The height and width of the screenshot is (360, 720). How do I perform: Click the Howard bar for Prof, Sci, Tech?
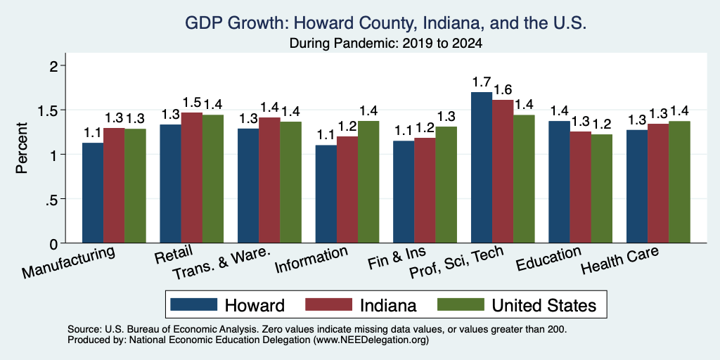pos(482,167)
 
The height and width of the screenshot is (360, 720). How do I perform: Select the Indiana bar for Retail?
pos(191,178)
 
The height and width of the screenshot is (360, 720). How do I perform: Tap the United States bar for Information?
pos(368,182)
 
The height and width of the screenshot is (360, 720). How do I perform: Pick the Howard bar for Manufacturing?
pos(93,193)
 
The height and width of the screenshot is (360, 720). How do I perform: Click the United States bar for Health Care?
pos(680,182)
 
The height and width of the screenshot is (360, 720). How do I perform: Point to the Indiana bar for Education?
pos(580,187)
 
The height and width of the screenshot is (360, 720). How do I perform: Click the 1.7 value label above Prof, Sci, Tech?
pos(482,83)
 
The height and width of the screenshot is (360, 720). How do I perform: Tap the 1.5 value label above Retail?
pos(192,103)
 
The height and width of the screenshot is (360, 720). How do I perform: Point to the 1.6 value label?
pos(502,90)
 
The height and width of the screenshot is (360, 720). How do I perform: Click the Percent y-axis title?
pos(22,148)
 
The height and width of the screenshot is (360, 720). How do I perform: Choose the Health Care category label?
pos(619,260)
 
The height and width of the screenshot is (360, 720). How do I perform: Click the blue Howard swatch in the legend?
pos(194,304)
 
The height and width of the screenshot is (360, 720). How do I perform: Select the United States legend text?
pos(544,305)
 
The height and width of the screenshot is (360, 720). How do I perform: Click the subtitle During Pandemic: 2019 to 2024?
pos(386,44)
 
